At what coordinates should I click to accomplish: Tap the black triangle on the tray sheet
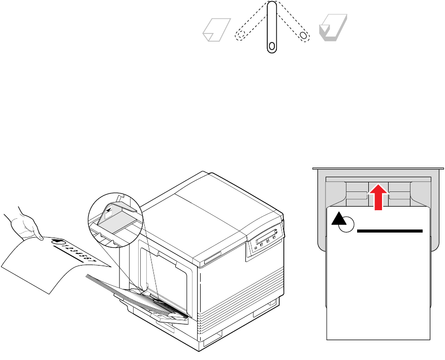click(x=338, y=219)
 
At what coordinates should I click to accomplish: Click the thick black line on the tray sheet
click(x=390, y=231)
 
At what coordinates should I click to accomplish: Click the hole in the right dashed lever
click(x=304, y=36)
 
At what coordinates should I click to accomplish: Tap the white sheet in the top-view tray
click(x=378, y=284)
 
